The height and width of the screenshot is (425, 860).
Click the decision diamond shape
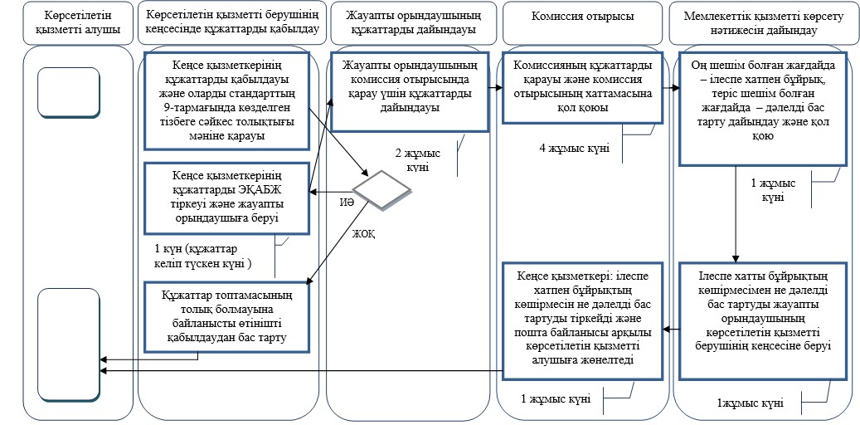tap(381, 189)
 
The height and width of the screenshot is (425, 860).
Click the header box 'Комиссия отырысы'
tap(582, 17)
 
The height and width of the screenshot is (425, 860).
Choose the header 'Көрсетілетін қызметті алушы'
tap(78, 23)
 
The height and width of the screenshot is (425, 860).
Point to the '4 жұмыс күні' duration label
tap(575, 149)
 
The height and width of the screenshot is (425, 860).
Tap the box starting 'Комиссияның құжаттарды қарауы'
tap(582, 87)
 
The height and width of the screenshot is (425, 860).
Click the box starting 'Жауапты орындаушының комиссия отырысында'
tap(410, 91)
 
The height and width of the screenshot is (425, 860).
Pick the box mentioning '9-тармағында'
tap(227, 100)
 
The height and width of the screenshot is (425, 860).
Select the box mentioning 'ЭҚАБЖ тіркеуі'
tap(227, 197)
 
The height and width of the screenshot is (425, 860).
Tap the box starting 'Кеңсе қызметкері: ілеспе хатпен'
tap(583, 320)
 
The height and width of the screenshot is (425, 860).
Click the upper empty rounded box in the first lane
tap(69, 91)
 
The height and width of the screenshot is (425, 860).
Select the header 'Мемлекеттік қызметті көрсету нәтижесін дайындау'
tap(764, 23)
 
